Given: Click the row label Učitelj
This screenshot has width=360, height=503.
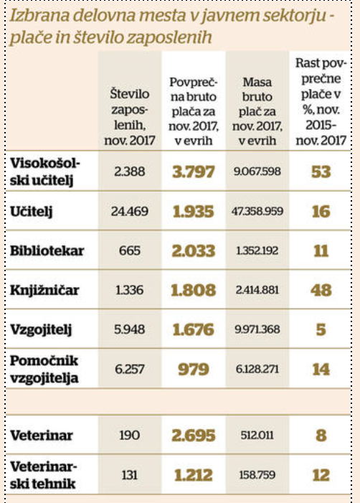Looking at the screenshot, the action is [31, 212].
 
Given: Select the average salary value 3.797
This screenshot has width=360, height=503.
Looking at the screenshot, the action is [194, 171].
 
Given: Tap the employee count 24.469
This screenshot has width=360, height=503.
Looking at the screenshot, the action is [130, 211].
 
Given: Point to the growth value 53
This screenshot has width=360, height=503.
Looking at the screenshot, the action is [321, 171].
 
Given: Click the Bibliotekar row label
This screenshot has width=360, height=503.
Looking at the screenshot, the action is [47, 250].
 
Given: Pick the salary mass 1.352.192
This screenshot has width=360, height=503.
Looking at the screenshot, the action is [257, 250].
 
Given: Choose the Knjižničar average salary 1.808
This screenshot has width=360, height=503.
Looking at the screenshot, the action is [194, 290].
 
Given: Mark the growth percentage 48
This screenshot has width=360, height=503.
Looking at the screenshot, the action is [321, 290].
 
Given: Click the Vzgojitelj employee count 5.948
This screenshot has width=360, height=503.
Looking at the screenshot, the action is [130, 329].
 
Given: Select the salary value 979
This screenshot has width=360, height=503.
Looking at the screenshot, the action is [194, 370].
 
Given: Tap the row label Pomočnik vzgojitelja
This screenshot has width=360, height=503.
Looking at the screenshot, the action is [44, 370].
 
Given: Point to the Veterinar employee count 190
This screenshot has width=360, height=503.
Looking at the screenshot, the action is [130, 435].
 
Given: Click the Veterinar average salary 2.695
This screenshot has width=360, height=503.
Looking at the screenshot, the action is [194, 436].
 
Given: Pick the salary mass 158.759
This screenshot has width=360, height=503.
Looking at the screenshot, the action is [257, 475].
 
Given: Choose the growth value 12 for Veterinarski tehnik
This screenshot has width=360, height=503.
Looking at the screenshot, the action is [321, 475].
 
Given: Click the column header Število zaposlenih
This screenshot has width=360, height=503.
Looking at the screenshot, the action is [130, 117].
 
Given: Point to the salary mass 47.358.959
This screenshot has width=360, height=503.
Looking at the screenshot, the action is [257, 211].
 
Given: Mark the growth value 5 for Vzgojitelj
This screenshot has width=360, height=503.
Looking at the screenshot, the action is [321, 330].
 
